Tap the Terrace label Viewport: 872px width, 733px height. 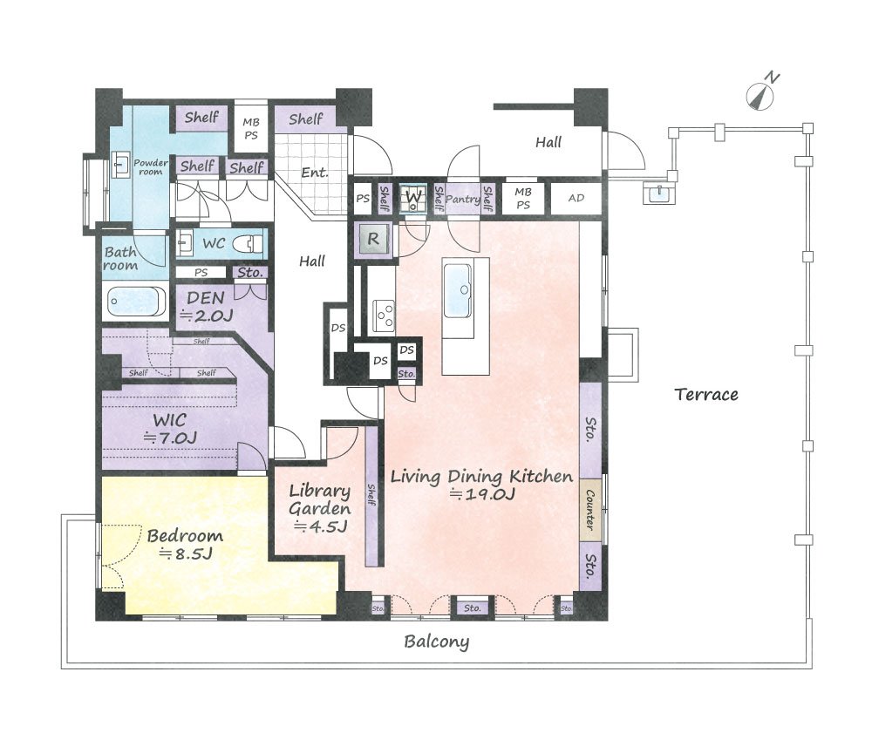tap(706, 395)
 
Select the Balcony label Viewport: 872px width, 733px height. tap(437, 641)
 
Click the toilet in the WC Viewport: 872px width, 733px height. tap(246, 243)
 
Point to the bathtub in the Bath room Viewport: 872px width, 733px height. tap(137, 302)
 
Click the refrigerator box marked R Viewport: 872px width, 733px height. tap(373, 240)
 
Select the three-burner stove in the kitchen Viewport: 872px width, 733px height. tap(383, 316)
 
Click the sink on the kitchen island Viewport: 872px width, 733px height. tap(458, 290)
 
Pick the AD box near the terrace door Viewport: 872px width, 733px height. tap(576, 198)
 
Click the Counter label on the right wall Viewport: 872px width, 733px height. tap(589, 510)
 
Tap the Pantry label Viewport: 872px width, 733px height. tap(463, 199)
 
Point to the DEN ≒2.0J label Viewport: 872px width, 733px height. tap(206, 306)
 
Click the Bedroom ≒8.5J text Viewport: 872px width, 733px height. tap(185, 544)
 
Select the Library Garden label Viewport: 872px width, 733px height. tap(320, 508)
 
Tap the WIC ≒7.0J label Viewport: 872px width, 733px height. tap(170, 429)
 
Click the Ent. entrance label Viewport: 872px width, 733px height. tap(315, 173)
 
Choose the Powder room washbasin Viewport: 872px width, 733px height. tap(119, 164)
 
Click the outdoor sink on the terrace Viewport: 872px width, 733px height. tap(659, 193)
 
